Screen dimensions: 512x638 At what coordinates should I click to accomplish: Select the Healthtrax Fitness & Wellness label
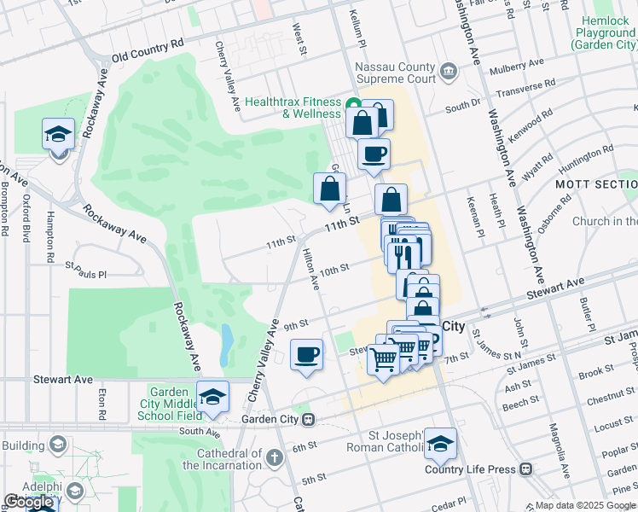[293, 107]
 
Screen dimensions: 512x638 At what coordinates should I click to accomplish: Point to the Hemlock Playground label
[604, 32]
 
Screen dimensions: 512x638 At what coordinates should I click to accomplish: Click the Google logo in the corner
[28, 502]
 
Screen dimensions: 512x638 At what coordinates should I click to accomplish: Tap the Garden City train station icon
[311, 419]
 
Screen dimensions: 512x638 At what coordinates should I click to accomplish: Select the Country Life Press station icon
[526, 468]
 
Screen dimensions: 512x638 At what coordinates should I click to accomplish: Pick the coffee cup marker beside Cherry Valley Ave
[306, 355]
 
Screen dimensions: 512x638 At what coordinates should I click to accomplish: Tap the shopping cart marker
[383, 360]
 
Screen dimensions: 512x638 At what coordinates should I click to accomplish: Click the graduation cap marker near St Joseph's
[440, 445]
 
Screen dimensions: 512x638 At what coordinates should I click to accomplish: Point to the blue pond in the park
[226, 343]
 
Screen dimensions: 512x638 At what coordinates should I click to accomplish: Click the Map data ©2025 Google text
[585, 505]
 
